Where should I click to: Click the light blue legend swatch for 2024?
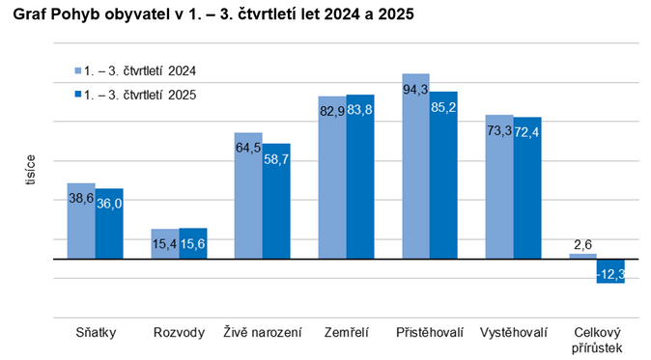77,70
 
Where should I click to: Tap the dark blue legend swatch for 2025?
77,95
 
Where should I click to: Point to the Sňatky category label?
96,333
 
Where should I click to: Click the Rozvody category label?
179,333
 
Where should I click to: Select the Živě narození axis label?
262,333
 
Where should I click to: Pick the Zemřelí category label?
346,333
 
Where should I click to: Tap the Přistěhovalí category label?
430,333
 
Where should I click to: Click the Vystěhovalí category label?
513,333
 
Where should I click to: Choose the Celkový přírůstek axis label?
597,340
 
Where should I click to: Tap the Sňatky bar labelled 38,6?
81,221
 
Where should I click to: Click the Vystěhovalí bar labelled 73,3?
499,187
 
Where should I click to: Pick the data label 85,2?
443,107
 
